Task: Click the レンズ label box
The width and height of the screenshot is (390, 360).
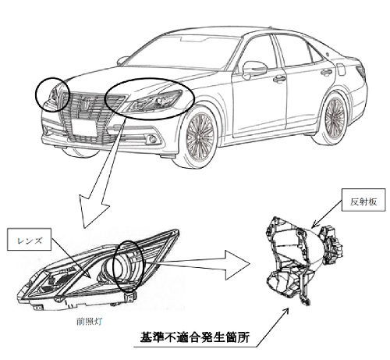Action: pyautogui.click(x=29, y=240)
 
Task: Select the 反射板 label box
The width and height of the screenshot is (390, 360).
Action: pyautogui.click(x=363, y=199)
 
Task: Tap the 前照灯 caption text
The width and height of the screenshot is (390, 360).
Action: pyautogui.click(x=89, y=322)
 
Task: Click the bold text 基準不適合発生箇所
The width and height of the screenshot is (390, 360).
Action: pyautogui.click(x=195, y=337)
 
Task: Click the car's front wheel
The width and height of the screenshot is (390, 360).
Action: pyautogui.click(x=200, y=137)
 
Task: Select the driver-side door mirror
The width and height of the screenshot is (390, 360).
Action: pyautogui.click(x=254, y=70)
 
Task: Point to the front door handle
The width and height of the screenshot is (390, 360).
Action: pyautogui.click(x=279, y=79)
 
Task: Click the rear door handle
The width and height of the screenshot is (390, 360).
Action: pyautogui.click(x=327, y=72)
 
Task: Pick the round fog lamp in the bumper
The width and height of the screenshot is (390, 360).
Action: pyautogui.click(x=152, y=139)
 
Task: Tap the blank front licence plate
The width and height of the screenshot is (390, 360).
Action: pyautogui.click(x=83, y=127)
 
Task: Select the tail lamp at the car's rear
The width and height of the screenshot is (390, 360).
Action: pyautogui.click(x=361, y=71)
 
